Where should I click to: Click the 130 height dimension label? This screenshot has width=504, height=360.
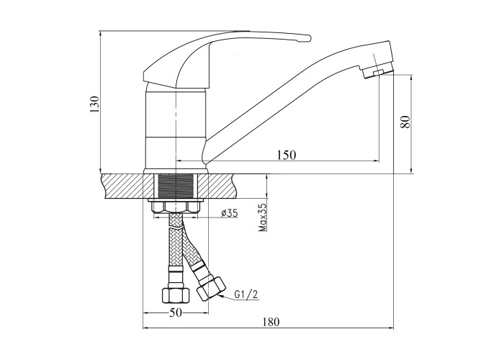click(95, 104)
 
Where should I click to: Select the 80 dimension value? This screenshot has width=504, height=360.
click(405, 122)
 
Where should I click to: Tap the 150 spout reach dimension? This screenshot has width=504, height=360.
click(286, 155)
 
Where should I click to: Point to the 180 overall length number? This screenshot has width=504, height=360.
click(271, 322)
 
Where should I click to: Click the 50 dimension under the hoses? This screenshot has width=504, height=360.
click(176, 312)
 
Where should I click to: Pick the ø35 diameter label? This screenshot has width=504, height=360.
click(230, 213)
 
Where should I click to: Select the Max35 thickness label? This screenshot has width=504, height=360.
click(263, 217)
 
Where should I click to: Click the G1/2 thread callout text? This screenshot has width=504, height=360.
click(246, 294)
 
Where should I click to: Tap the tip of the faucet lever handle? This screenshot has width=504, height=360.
click(310, 39)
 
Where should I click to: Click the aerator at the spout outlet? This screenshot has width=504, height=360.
click(378, 73)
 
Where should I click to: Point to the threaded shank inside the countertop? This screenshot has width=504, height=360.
click(176, 186)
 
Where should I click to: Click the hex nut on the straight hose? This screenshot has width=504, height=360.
click(175, 295)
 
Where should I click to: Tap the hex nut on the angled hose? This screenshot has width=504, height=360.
click(211, 289)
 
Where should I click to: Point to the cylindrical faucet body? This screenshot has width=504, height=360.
click(176, 129)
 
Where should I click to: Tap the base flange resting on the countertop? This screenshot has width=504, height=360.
click(176, 171)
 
